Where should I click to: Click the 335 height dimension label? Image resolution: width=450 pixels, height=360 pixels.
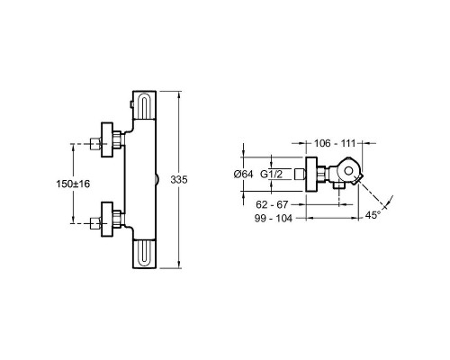(179, 180)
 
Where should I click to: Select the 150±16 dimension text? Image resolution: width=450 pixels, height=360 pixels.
(73, 184)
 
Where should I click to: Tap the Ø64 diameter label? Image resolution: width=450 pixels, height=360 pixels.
(243, 174)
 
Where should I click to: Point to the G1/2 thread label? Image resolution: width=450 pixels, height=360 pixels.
(271, 174)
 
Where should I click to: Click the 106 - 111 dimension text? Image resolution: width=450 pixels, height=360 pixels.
(335, 143)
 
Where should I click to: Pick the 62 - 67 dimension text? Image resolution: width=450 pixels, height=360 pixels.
(272, 204)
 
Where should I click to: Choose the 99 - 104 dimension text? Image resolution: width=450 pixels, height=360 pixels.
(274, 219)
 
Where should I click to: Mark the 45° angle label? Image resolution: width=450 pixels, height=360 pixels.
(373, 215)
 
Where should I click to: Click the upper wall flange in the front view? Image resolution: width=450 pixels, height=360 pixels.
(107, 139)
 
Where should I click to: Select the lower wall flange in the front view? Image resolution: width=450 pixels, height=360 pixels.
(107, 220)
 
